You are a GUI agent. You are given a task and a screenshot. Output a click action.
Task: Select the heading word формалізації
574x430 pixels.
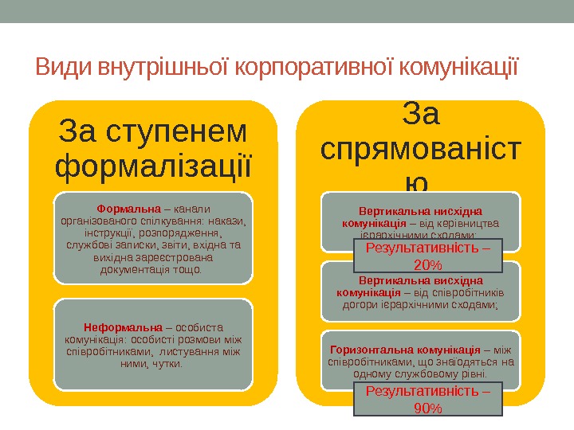click(x=154, y=166)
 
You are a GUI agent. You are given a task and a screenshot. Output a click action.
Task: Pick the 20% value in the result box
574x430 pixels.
click(x=428, y=264)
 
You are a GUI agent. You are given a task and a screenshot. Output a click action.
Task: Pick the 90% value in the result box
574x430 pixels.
click(x=428, y=408)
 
